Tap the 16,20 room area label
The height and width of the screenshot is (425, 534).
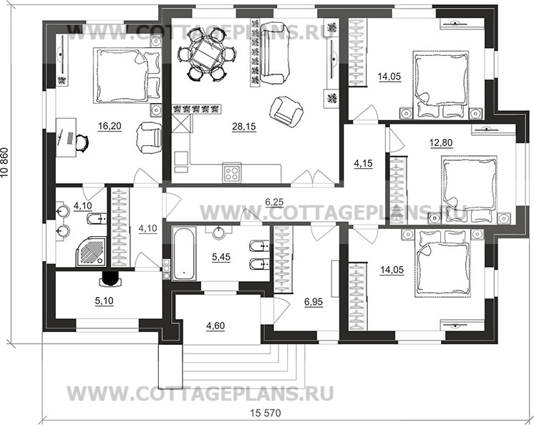click(x=109, y=127)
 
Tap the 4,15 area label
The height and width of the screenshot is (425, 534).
click(x=364, y=162)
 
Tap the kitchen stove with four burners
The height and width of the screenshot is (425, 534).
click(x=232, y=172)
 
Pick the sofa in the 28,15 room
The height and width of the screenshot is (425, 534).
click(x=274, y=52)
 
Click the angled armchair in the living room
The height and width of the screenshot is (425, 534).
click(x=287, y=110)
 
